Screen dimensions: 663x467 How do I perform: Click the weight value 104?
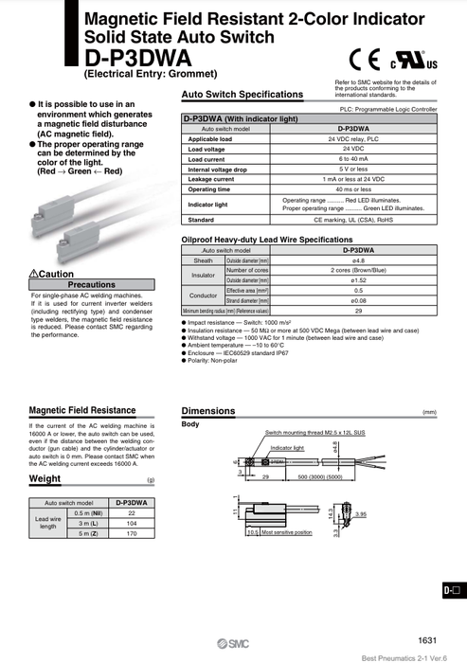click(131, 523)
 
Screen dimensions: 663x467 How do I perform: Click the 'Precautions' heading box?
click(92, 284)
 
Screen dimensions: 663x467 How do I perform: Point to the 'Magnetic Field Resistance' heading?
click(82, 410)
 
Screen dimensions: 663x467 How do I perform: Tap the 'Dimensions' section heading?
click(207, 411)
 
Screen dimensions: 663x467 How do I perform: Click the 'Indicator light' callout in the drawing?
click(288, 446)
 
